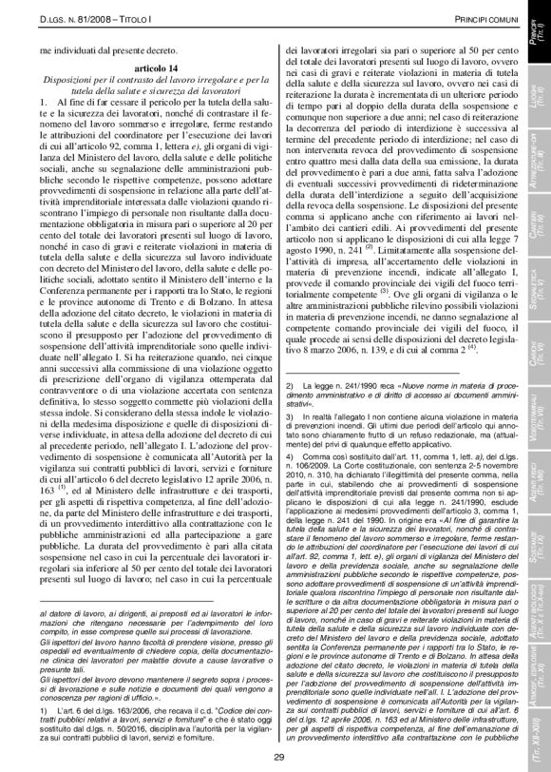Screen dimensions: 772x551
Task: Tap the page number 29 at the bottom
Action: click(x=278, y=756)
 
